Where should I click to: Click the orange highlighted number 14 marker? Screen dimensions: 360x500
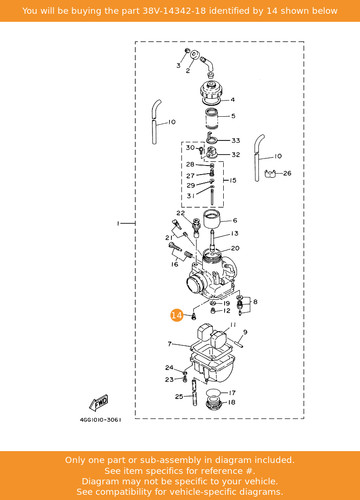(x=176, y=315)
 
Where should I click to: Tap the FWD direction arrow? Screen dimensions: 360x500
(x=99, y=403)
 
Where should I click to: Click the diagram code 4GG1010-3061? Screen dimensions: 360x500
(x=100, y=420)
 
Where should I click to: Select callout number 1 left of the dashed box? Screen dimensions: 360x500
(x=118, y=223)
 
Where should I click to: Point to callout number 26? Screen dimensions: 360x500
(x=287, y=173)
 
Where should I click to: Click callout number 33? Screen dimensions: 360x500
(x=236, y=140)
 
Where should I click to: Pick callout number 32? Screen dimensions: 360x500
(x=236, y=154)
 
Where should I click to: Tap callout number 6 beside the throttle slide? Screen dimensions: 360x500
(x=235, y=220)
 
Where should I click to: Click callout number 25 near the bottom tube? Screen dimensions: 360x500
(x=179, y=396)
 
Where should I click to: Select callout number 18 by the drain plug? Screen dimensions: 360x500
(x=232, y=402)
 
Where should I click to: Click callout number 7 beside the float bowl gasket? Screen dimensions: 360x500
(x=170, y=344)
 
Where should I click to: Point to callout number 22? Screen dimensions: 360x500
(x=180, y=213)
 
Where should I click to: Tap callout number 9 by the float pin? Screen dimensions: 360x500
(x=245, y=332)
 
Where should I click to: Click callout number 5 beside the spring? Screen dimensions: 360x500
(x=233, y=116)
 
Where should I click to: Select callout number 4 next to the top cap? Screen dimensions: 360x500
(x=233, y=99)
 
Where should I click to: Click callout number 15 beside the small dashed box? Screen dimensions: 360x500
(x=233, y=180)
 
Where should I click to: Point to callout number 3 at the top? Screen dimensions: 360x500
(x=178, y=65)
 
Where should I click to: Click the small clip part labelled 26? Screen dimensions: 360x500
(x=271, y=173)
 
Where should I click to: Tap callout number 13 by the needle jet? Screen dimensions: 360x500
(x=235, y=234)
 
